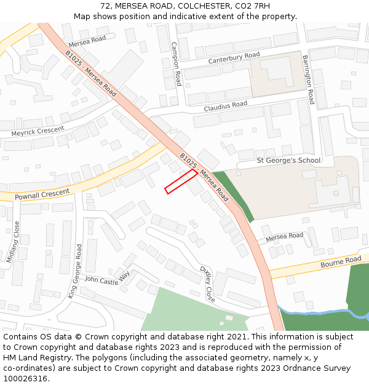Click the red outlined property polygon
[x=181, y=182]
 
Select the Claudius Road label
[x=225, y=107]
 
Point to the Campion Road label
[x=177, y=63]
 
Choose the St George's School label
[x=288, y=161]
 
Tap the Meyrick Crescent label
[x=38, y=131]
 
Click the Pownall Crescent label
[x=35, y=193]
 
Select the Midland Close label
[x=13, y=242]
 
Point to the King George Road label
[x=76, y=272]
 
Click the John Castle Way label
[x=108, y=278]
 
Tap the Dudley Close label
[x=207, y=284]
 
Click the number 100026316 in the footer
[x=26, y=379]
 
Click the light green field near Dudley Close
[x=191, y=311]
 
